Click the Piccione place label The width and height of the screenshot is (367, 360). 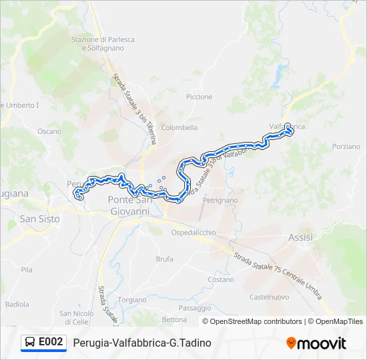tap(200, 97)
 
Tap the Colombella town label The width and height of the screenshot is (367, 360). tap(179, 127)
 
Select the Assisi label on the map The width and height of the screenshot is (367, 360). tap(300, 237)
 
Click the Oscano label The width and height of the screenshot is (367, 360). tap(49, 131)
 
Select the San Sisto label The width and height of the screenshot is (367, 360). tap(40, 219)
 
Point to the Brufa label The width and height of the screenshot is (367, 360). tap(164, 259)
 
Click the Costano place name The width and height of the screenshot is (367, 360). tap(220, 279)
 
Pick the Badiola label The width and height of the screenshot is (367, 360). tap(17, 304)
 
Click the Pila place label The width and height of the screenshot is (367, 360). tap(27, 270)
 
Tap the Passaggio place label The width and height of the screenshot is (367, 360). tap(195, 307)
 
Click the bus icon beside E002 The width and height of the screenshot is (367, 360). tap(30, 343)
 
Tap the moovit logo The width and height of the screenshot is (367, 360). tap(316, 343)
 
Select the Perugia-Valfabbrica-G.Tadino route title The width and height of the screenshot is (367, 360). tap(142, 343)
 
